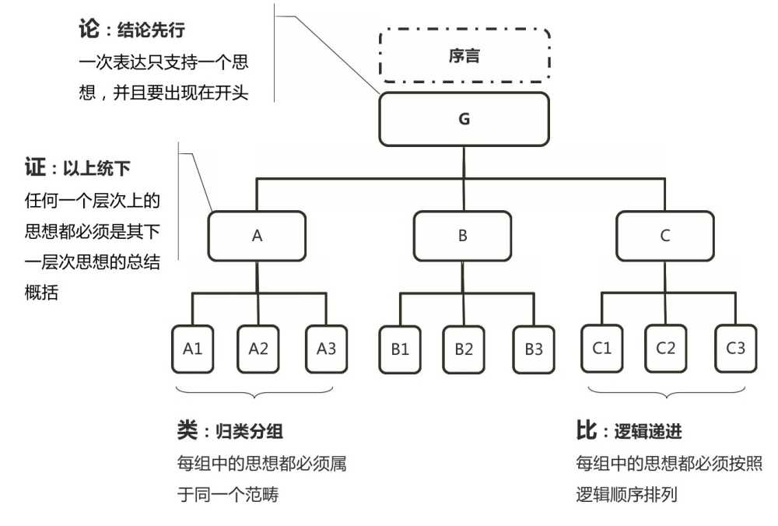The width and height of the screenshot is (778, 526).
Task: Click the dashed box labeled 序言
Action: pos(464,56)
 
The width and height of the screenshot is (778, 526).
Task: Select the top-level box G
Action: pos(464,119)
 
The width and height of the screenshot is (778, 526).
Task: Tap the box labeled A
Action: pos(258,236)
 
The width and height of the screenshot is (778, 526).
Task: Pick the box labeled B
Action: pos(462,236)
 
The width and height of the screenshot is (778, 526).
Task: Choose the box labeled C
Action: pos(665,236)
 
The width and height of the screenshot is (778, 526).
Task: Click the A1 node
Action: pos(192,348)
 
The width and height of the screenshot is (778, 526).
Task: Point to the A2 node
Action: pos(258,348)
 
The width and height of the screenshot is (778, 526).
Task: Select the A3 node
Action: pos(327,348)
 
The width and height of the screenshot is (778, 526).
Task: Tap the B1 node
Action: pos(400,348)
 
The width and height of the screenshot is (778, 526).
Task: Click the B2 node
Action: pos(464,348)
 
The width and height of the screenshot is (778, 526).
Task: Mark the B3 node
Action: pos(533,348)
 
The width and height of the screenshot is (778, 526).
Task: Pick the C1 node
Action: pos(601,348)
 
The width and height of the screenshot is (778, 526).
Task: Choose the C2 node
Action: pos(666,348)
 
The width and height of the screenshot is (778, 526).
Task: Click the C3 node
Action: pos(735,348)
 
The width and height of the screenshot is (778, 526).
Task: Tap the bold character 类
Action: pos(188,430)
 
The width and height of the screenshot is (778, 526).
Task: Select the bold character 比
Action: pos(586,430)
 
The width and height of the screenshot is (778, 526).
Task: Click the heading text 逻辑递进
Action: pos(648,432)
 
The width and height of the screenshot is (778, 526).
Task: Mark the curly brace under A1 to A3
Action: pos(258,391)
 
